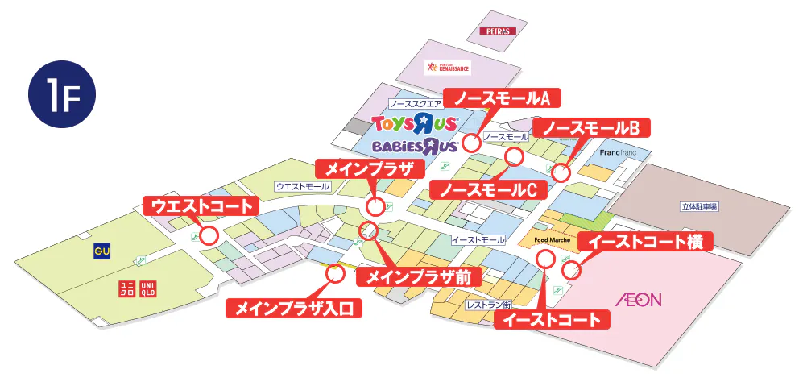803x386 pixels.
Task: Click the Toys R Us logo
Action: coord(416,123)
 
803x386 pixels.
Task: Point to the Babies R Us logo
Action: coord(416,146)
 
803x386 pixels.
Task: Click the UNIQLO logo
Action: coord(137,288)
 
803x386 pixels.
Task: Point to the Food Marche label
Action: coord(552,240)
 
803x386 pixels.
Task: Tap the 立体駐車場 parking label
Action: coord(699,207)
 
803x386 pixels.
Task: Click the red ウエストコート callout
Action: coord(201,205)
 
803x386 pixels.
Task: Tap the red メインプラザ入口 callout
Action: coord(294,308)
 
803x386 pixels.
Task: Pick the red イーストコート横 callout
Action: coord(646,242)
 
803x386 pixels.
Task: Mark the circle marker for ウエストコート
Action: coord(209,236)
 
